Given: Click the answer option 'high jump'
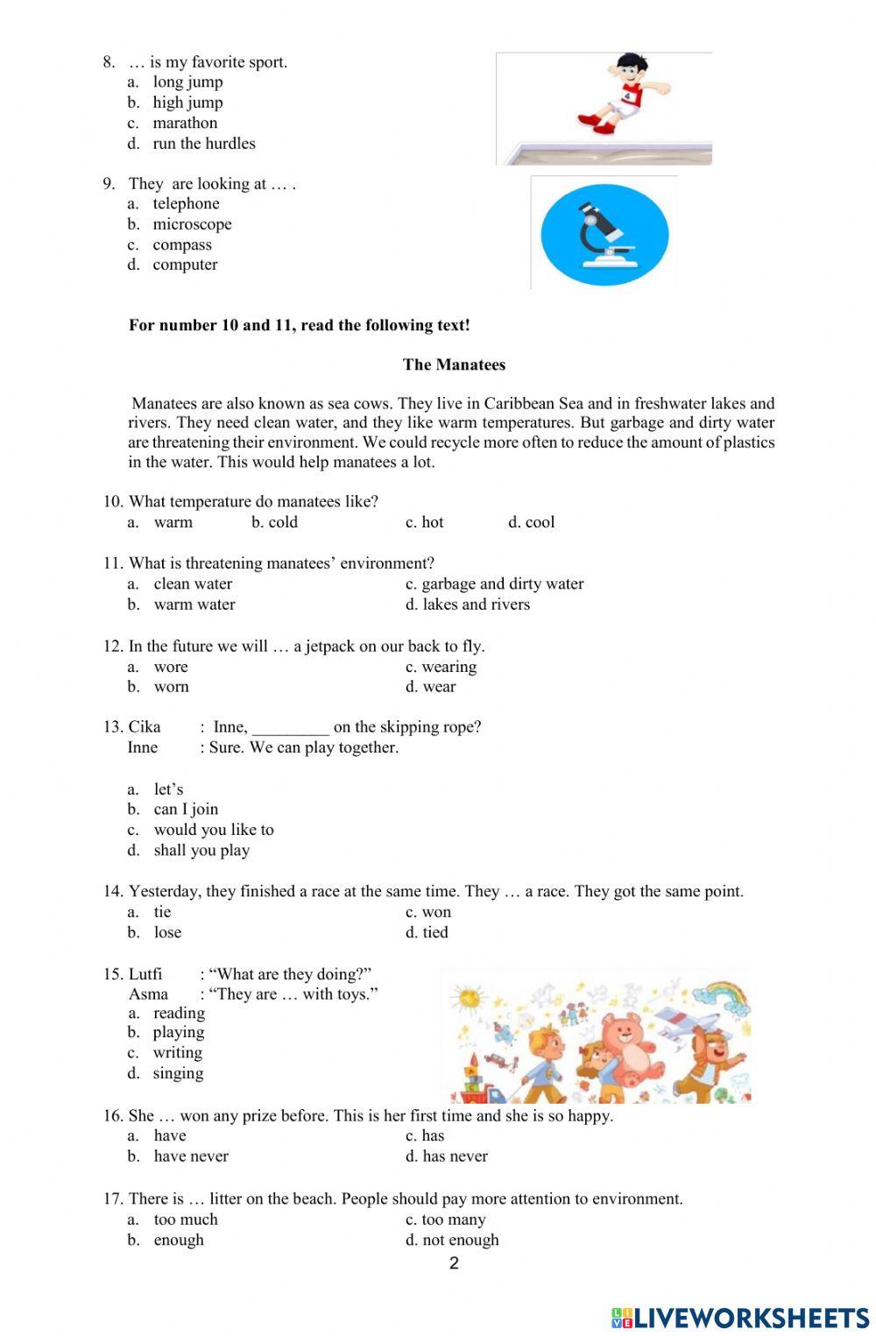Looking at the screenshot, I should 187,102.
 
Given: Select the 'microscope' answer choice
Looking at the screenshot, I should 192,224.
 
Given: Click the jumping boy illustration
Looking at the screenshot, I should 625,93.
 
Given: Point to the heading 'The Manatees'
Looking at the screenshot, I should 454,365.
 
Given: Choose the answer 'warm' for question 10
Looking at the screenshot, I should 173,523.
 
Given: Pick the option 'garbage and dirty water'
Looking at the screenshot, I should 502,584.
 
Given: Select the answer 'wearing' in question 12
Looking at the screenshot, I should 449,668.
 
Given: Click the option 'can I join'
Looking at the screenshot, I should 186,809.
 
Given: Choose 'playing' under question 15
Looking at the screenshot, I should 179,1033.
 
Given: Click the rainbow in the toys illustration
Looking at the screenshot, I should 723,997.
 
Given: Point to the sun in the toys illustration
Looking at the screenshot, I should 470,998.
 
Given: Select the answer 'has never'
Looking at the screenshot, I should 455,1156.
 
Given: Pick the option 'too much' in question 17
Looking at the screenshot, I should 186,1220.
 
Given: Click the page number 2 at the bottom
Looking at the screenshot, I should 454,1263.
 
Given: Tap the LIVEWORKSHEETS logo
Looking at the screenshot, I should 739,1318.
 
